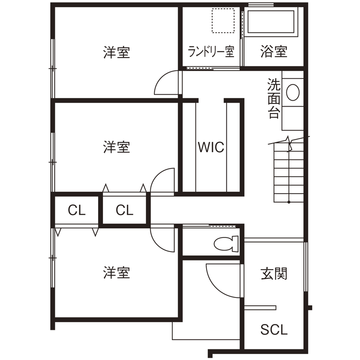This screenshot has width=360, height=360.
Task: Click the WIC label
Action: coord(211,147)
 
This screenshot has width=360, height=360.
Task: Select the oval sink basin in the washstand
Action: coord(293,92)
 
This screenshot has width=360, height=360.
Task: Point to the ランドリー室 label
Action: coord(211,52)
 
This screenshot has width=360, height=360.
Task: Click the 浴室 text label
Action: coord(273,52)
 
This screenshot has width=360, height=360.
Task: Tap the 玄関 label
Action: coord(274,273)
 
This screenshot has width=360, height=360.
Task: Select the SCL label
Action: coord(274,330)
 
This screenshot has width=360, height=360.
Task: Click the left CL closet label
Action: coord(77,210)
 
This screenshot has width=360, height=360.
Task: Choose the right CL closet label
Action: coord(124,210)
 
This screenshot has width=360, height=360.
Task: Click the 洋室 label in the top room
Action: coord(116,53)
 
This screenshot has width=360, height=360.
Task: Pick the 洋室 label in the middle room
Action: coord(116,147)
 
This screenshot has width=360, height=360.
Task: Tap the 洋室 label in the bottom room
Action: coord(116,273)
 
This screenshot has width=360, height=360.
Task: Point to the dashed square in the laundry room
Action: coord(223,20)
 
